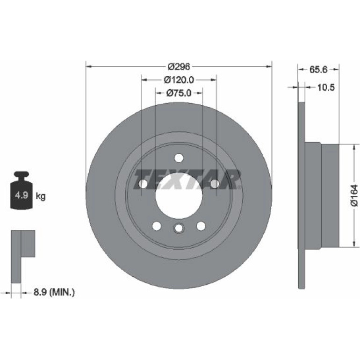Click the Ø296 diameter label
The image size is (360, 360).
[179, 66]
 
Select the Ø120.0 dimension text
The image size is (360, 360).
[179, 80]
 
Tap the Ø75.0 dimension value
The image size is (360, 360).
[179, 93]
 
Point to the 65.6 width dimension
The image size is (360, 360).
[318, 69]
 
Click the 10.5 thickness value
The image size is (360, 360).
[326, 87]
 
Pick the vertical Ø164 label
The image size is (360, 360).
[354, 195]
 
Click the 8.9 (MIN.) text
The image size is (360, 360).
[54, 292]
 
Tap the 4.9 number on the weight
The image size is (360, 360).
[22, 195]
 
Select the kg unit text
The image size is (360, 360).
[41, 196]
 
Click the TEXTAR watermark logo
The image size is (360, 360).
[187, 180]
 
